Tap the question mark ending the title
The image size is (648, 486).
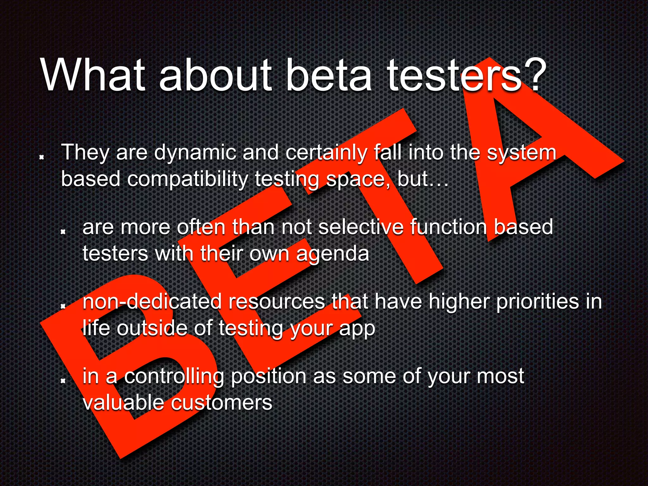(x=535, y=75)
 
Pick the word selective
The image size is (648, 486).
(x=361, y=227)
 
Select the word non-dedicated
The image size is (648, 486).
(x=152, y=302)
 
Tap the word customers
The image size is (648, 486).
(x=221, y=403)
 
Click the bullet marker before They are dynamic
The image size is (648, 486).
(x=41, y=157)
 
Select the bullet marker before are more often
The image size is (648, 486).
(x=63, y=232)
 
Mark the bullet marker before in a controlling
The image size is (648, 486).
(x=63, y=381)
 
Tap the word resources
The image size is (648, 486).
(x=277, y=302)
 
